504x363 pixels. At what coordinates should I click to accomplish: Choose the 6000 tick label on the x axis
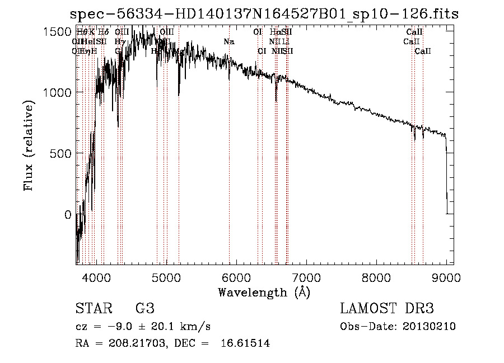pyautogui.click(x=236, y=277)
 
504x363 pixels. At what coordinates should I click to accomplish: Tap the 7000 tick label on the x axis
pyautogui.click(x=306, y=277)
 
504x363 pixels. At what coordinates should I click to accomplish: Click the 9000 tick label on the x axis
pyautogui.click(x=446, y=277)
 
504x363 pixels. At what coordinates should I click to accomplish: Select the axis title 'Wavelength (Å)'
pyautogui.click(x=264, y=292)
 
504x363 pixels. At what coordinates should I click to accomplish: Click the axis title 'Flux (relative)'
pyautogui.click(x=29, y=145)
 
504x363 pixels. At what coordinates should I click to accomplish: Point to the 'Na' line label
pyautogui.click(x=228, y=41)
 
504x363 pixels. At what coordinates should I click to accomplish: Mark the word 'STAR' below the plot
pyautogui.click(x=93, y=309)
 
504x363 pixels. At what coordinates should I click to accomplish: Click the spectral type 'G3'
pyautogui.click(x=144, y=309)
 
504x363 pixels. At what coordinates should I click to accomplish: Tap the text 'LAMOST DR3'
pyautogui.click(x=386, y=309)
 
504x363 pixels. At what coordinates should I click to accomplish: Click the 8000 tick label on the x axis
pyautogui.click(x=376, y=277)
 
